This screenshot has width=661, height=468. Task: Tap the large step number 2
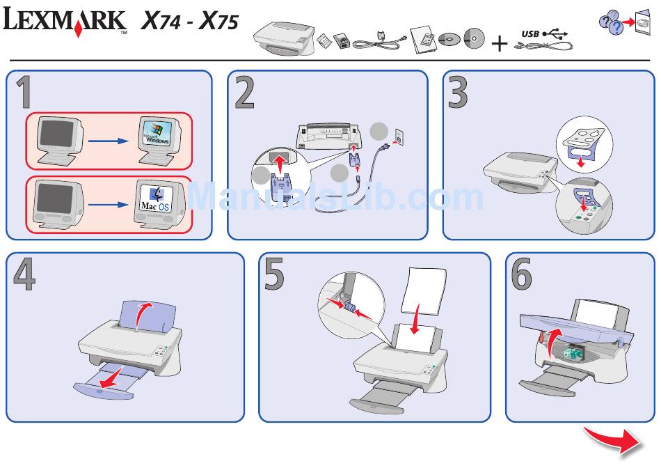pos(244,93)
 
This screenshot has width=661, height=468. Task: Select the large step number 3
pos(459,93)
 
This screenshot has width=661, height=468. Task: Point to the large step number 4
pos(24,275)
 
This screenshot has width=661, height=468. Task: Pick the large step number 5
pos(275,275)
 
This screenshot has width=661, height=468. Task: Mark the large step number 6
pos(522,275)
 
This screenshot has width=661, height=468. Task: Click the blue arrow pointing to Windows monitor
pos(109,141)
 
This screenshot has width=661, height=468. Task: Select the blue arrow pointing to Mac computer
pos(109,206)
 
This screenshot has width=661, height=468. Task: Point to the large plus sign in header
pos(500,44)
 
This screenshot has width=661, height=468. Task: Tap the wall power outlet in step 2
pos(399,137)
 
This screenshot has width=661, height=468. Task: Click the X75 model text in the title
pos(218,22)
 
